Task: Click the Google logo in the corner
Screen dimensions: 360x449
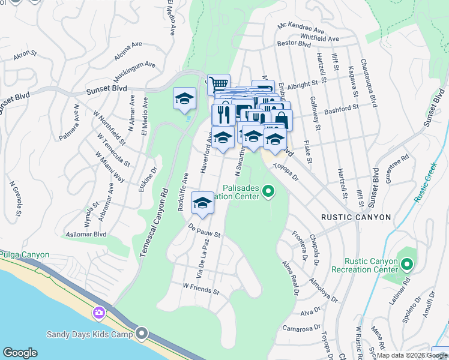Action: (20, 353)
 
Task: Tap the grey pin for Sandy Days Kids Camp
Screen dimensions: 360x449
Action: (142, 332)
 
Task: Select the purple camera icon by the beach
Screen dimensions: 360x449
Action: (99, 313)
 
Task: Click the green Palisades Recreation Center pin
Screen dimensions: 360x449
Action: (268, 192)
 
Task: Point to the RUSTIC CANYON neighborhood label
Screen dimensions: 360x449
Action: (355, 217)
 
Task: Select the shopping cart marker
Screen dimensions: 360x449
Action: (219, 84)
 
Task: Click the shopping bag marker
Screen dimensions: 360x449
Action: (281, 119)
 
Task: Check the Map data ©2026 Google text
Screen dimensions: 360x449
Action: (411, 355)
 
